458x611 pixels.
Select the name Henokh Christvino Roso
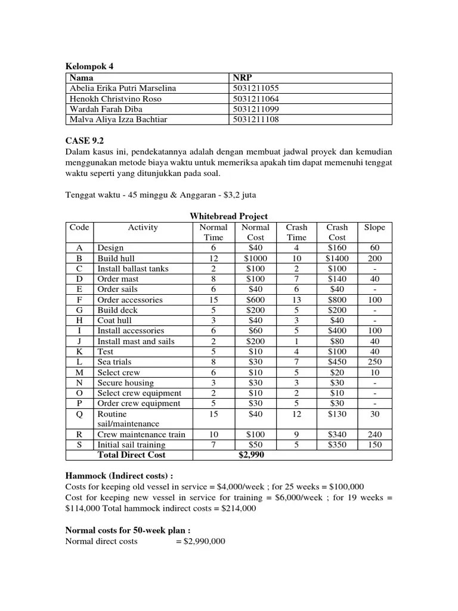pos(116,98)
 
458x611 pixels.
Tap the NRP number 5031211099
pos(256,109)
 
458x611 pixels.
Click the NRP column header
pos(243,78)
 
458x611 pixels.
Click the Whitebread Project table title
pos(228,216)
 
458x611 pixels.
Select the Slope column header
pos(375,227)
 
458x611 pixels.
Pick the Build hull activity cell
pos(116,258)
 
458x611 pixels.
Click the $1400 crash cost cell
pos(337,258)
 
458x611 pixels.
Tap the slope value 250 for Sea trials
pos(375,362)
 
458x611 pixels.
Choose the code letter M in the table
pos(79,372)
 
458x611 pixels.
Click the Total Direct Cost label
pos(131,455)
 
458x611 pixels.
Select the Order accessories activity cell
pos(129,300)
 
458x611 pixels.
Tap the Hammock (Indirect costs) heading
pos(119,477)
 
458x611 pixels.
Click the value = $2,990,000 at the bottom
pos(200,541)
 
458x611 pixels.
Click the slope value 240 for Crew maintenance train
pos(375,434)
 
